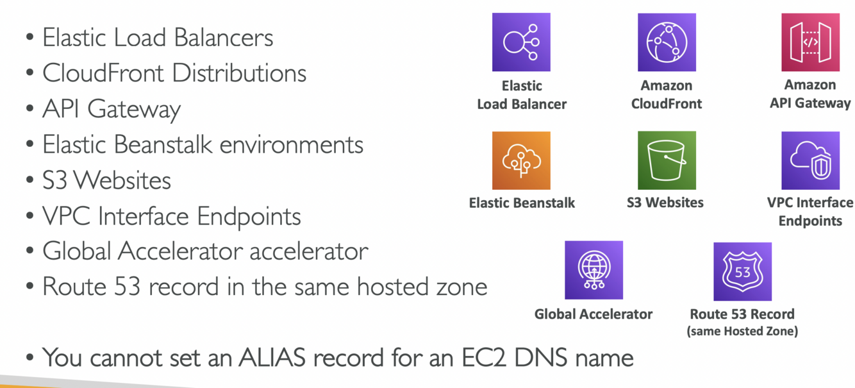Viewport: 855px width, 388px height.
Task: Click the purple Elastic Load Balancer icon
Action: [x=521, y=42]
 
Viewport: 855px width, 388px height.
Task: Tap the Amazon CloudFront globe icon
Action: [x=667, y=42]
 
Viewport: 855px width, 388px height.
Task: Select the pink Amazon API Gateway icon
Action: [x=810, y=42]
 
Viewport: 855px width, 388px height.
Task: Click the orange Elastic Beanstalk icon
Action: [x=521, y=160]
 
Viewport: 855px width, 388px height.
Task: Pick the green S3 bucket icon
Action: [x=667, y=160]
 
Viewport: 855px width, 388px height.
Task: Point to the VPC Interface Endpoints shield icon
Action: [x=810, y=160]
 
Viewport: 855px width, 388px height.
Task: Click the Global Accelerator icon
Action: [x=594, y=270]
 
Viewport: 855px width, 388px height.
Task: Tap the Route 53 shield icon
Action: [x=742, y=271]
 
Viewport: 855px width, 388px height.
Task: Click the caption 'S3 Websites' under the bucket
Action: [x=665, y=203]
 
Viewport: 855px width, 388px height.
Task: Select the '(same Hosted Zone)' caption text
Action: [x=742, y=332]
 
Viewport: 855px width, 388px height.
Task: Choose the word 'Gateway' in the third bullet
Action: [x=134, y=110]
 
